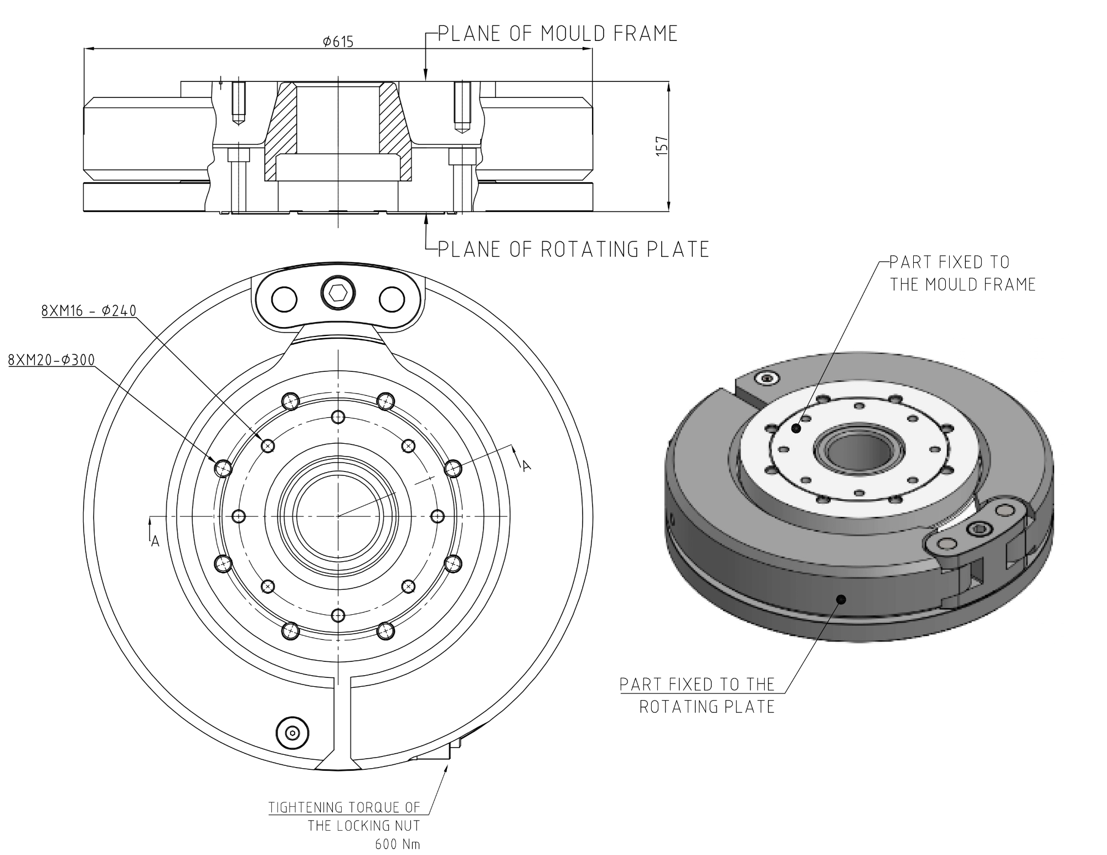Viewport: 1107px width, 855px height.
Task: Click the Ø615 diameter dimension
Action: [338, 42]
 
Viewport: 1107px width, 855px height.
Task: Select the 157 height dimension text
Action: [662, 146]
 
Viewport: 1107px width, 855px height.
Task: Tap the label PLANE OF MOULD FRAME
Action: [558, 34]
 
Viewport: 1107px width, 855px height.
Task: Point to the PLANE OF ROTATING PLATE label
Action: [573, 250]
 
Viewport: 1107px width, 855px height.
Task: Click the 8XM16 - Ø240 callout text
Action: [89, 310]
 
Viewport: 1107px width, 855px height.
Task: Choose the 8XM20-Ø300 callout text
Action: [52, 360]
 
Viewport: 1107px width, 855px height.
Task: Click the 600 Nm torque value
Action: [397, 844]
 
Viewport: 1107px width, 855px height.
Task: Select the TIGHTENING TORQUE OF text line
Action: [344, 807]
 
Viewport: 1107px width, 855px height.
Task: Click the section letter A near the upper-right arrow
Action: [527, 467]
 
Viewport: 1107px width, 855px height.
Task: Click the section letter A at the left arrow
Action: [155, 541]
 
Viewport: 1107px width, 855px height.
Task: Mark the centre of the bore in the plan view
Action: [338, 516]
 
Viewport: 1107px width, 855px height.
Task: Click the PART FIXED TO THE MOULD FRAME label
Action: [962, 273]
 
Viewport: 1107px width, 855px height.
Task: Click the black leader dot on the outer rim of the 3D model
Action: [841, 599]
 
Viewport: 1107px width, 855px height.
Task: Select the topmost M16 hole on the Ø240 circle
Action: [338, 417]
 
